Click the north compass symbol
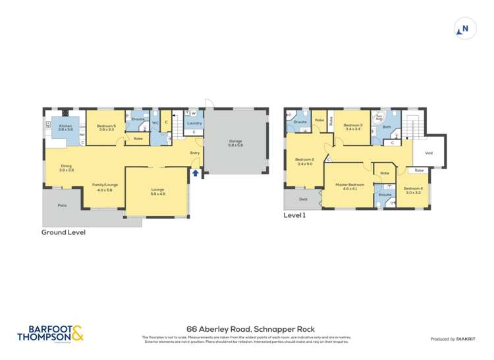click(465, 29)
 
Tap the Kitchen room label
click(65, 126)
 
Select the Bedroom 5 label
click(106, 126)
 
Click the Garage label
click(235, 141)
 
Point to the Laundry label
click(194, 123)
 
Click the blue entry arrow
click(195, 173)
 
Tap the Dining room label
click(67, 166)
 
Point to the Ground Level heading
click(63, 232)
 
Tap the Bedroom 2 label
click(304, 159)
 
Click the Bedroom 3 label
click(353, 125)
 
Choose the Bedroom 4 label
click(412, 189)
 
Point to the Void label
click(429, 153)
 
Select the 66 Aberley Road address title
click(251, 329)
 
